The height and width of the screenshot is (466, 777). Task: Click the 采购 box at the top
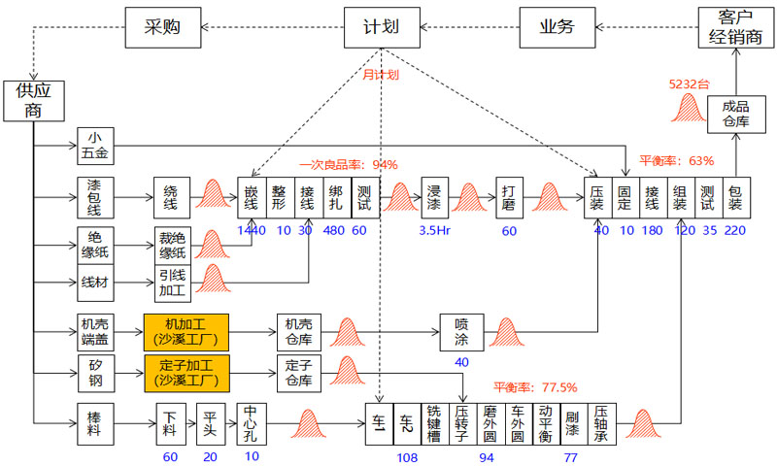(165, 27)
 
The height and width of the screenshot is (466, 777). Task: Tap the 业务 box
(557, 27)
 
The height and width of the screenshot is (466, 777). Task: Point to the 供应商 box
(27, 100)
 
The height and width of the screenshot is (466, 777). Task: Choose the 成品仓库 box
(735, 116)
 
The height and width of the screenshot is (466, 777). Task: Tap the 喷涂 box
(461, 331)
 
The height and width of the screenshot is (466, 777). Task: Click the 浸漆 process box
(434, 197)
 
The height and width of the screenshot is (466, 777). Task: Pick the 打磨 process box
(510, 197)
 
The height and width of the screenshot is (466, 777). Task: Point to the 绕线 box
(171, 197)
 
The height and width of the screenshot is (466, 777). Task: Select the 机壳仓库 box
(298, 331)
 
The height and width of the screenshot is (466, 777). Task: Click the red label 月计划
(381, 74)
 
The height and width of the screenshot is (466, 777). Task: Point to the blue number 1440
(251, 230)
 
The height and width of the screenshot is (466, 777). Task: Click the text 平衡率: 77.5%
(534, 386)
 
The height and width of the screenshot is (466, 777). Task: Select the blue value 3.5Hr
(433, 231)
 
